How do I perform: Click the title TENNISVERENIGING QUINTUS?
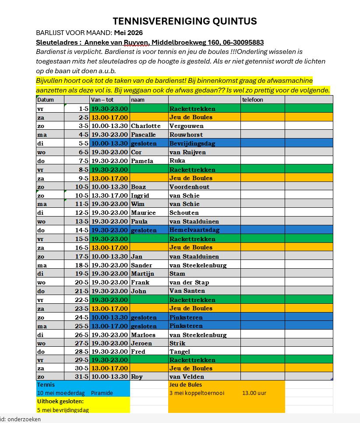click(x=184, y=21)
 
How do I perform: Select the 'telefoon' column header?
click(x=253, y=100)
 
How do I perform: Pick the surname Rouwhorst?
click(x=186, y=135)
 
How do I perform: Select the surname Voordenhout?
click(x=189, y=187)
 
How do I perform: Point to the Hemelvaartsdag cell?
click(x=194, y=230)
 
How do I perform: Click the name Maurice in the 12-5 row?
click(x=143, y=213)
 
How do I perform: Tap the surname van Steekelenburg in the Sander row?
click(x=198, y=265)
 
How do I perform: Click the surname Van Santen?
click(x=187, y=291)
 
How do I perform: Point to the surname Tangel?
click(x=180, y=352)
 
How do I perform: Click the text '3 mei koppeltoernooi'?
click(x=197, y=393)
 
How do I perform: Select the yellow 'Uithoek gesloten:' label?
click(x=60, y=401)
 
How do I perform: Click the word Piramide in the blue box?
click(x=102, y=393)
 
